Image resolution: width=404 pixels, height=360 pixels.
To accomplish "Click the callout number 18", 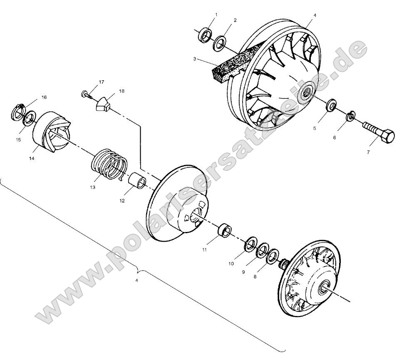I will [x=110, y=90].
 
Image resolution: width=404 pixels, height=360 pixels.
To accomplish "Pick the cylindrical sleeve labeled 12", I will [x=139, y=182].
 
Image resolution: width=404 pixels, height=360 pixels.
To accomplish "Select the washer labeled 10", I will [x=251, y=245].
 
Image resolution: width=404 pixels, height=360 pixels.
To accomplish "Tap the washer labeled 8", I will [x=272, y=256].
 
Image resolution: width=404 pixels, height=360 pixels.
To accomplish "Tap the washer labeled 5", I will [x=330, y=106].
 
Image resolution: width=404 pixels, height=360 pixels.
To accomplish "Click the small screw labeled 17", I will [x=86, y=95].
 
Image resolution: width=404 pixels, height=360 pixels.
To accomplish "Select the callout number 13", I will [x=92, y=187].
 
